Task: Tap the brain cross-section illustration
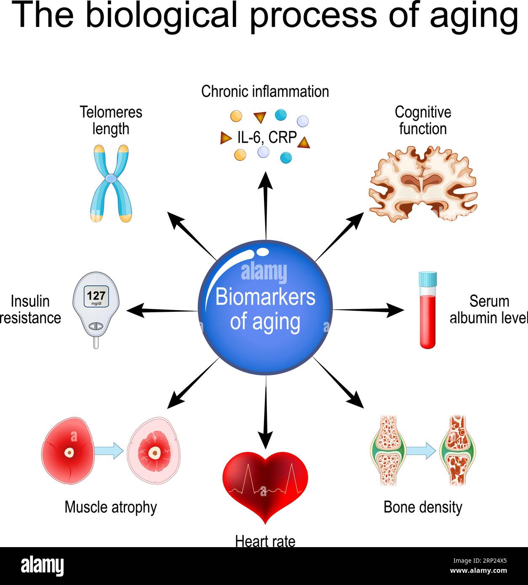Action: (423, 183)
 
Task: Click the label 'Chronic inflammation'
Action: (265, 91)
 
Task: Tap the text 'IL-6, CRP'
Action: (267, 137)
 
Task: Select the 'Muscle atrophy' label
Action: (110, 507)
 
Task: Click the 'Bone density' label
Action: (423, 507)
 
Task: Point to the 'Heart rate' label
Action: (265, 541)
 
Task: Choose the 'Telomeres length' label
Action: (111, 120)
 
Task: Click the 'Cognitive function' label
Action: (423, 120)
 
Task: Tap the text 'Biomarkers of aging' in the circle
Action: (265, 309)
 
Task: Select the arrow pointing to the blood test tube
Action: (368, 310)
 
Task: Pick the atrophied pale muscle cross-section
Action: (155, 452)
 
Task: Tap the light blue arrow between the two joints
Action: (421, 451)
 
